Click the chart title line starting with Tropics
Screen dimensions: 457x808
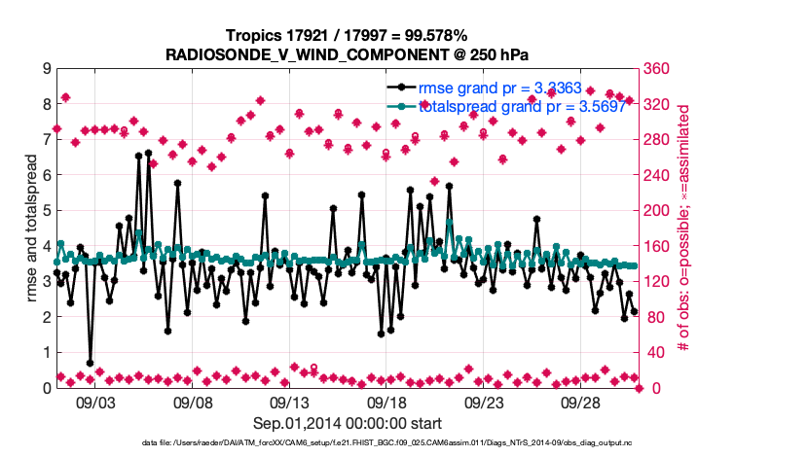coord(348,35)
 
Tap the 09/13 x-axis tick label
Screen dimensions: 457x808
coord(289,401)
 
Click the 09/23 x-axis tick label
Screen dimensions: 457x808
coord(484,401)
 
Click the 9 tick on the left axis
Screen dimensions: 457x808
coord(45,69)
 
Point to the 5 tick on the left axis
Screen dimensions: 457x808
coord(45,211)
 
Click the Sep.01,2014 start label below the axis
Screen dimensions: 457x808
coord(348,422)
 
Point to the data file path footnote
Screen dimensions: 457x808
coord(348,442)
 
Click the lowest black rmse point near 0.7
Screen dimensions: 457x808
coord(90,363)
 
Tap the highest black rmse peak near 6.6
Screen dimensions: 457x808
coord(148,154)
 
